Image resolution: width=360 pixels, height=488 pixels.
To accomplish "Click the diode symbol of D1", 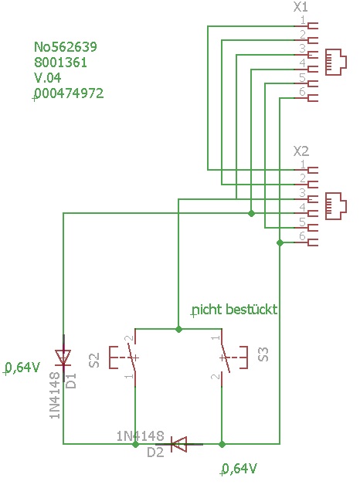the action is point(63,358).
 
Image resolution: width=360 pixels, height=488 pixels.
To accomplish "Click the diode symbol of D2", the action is point(179,444).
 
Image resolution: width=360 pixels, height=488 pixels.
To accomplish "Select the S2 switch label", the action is point(94,360).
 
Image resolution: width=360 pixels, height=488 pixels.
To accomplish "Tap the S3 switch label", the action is point(263,354).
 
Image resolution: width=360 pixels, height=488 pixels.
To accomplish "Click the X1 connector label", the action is point(301,7).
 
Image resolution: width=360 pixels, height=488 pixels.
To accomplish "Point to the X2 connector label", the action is point(301,151).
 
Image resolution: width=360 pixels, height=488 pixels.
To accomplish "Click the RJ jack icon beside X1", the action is point(336,63).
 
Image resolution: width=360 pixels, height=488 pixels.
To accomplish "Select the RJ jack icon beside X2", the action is point(336,206).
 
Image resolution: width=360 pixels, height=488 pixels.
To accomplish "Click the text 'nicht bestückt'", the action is point(235,310).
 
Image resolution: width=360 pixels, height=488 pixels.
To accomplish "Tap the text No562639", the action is point(66,46).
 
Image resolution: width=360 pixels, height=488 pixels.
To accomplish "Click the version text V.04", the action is point(47,77).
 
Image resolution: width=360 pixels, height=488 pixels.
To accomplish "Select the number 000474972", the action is point(69,93).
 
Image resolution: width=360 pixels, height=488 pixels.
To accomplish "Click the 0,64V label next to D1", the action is point(22,368).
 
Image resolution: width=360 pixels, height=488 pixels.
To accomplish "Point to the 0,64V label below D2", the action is point(239,469).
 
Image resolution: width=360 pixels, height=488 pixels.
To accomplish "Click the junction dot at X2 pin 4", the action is point(251,213).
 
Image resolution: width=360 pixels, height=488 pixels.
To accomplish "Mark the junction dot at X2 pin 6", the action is point(280,242).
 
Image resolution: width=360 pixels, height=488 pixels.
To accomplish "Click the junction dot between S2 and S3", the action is point(178,329).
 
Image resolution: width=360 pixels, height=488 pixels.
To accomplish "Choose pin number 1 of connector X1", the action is point(303,20).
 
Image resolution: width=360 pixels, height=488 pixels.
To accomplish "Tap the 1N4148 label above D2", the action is point(141,436).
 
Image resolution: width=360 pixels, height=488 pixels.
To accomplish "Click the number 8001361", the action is point(60,63).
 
